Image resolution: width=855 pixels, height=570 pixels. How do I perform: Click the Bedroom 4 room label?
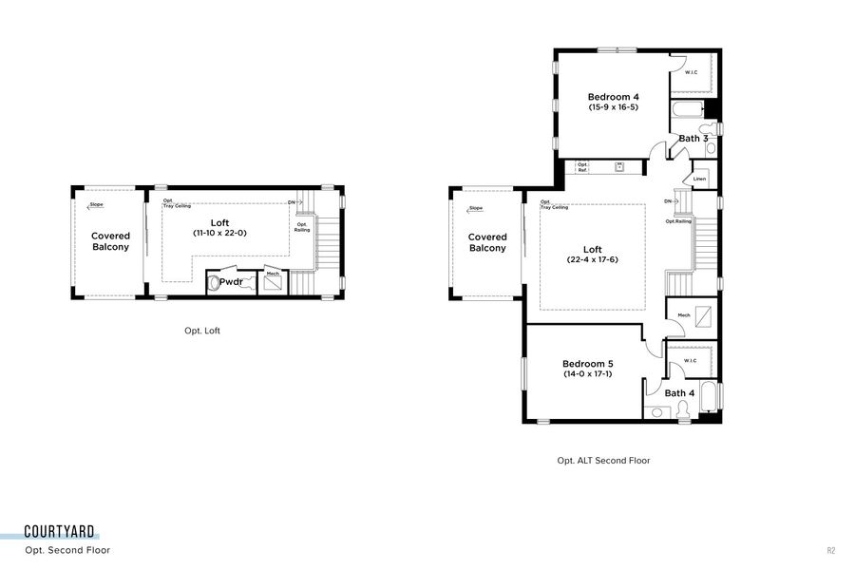(x=613, y=96)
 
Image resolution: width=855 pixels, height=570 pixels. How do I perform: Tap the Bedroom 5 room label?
(x=587, y=364)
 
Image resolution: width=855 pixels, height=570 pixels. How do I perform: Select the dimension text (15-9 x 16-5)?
(x=613, y=107)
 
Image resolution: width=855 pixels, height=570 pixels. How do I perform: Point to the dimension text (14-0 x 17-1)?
(x=587, y=375)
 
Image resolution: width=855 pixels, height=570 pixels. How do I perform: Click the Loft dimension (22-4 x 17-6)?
(x=593, y=259)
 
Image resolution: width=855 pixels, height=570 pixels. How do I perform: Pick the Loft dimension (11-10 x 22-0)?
(x=219, y=232)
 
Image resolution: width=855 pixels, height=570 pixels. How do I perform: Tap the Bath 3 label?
(x=693, y=139)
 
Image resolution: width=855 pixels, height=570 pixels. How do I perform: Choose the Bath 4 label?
(x=679, y=393)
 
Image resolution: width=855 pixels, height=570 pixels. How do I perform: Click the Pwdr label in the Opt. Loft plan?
(x=232, y=282)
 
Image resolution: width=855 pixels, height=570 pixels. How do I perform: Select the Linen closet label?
(x=699, y=179)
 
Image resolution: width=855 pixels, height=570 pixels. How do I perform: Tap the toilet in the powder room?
(x=214, y=283)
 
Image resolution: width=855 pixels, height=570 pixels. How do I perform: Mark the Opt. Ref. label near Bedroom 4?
(x=582, y=167)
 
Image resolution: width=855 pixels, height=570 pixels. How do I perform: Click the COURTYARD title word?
(x=60, y=532)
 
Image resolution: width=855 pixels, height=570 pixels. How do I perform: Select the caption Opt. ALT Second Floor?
(x=603, y=460)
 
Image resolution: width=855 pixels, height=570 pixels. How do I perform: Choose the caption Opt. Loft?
(x=202, y=331)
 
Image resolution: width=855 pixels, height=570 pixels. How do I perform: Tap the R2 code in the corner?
(x=830, y=550)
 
